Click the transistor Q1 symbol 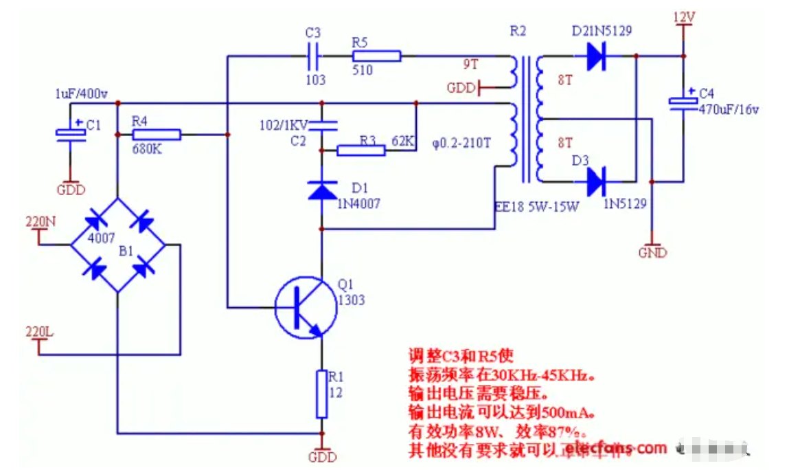coord(305,307)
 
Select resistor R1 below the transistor coord(321,394)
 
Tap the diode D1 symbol coord(322,189)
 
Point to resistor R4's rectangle coord(156,134)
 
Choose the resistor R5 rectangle coord(376,56)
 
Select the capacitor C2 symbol coord(322,124)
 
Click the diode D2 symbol coord(595,56)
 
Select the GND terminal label coord(652,253)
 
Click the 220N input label coord(40,222)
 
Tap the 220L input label coord(38,331)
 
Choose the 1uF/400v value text coord(81,93)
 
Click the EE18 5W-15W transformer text coord(536,205)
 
